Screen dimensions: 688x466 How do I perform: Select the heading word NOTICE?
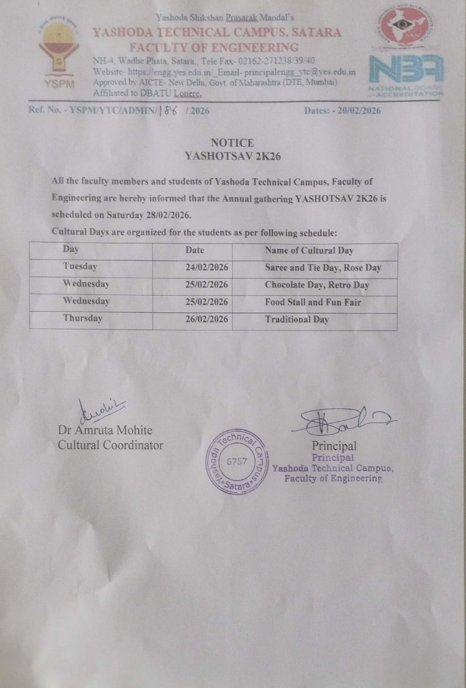pyautogui.click(x=232, y=143)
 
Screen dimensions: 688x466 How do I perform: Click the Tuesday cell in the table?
pyautogui.click(x=80, y=267)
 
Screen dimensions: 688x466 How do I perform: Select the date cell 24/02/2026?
pyautogui.click(x=207, y=267)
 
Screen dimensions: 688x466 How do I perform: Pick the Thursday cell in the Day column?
pyautogui.click(x=83, y=318)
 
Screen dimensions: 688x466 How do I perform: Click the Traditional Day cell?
pyautogui.click(x=297, y=319)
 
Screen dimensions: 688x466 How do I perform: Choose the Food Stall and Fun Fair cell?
pyautogui.click(x=313, y=302)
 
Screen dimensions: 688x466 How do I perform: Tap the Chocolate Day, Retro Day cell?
pyautogui.click(x=317, y=285)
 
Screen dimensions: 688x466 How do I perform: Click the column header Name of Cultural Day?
pyautogui.click(x=309, y=251)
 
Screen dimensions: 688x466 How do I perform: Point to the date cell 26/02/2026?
pyautogui.click(x=207, y=319)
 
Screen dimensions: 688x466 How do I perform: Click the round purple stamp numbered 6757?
pyautogui.click(x=237, y=461)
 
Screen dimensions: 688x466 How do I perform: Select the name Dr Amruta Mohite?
pyautogui.click(x=105, y=430)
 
